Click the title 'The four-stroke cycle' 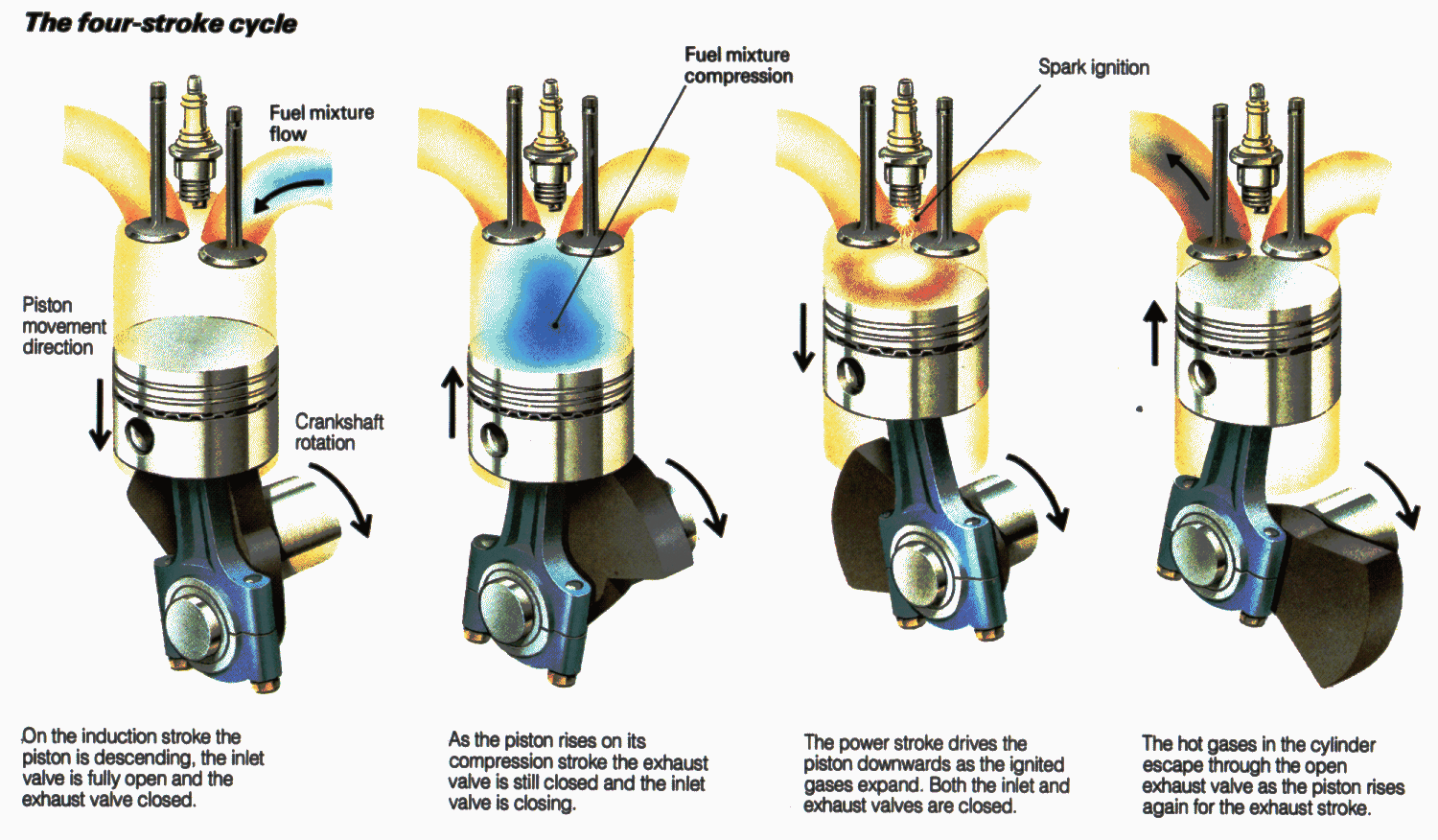click(x=160, y=23)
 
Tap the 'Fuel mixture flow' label click(x=321, y=123)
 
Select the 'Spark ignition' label click(x=1094, y=67)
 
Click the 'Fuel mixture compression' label click(x=737, y=65)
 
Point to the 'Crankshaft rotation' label click(x=338, y=432)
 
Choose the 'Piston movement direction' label click(x=63, y=326)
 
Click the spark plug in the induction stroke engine click(x=196, y=144)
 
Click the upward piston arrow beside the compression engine click(x=452, y=403)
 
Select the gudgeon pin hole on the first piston click(x=140, y=435)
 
